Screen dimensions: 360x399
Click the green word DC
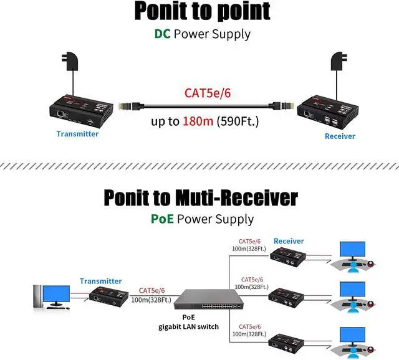click(x=162, y=33)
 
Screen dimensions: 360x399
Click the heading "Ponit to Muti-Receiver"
click(x=200, y=198)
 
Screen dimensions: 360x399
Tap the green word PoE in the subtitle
click(x=162, y=219)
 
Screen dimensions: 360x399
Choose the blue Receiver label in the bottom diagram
click(x=289, y=240)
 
